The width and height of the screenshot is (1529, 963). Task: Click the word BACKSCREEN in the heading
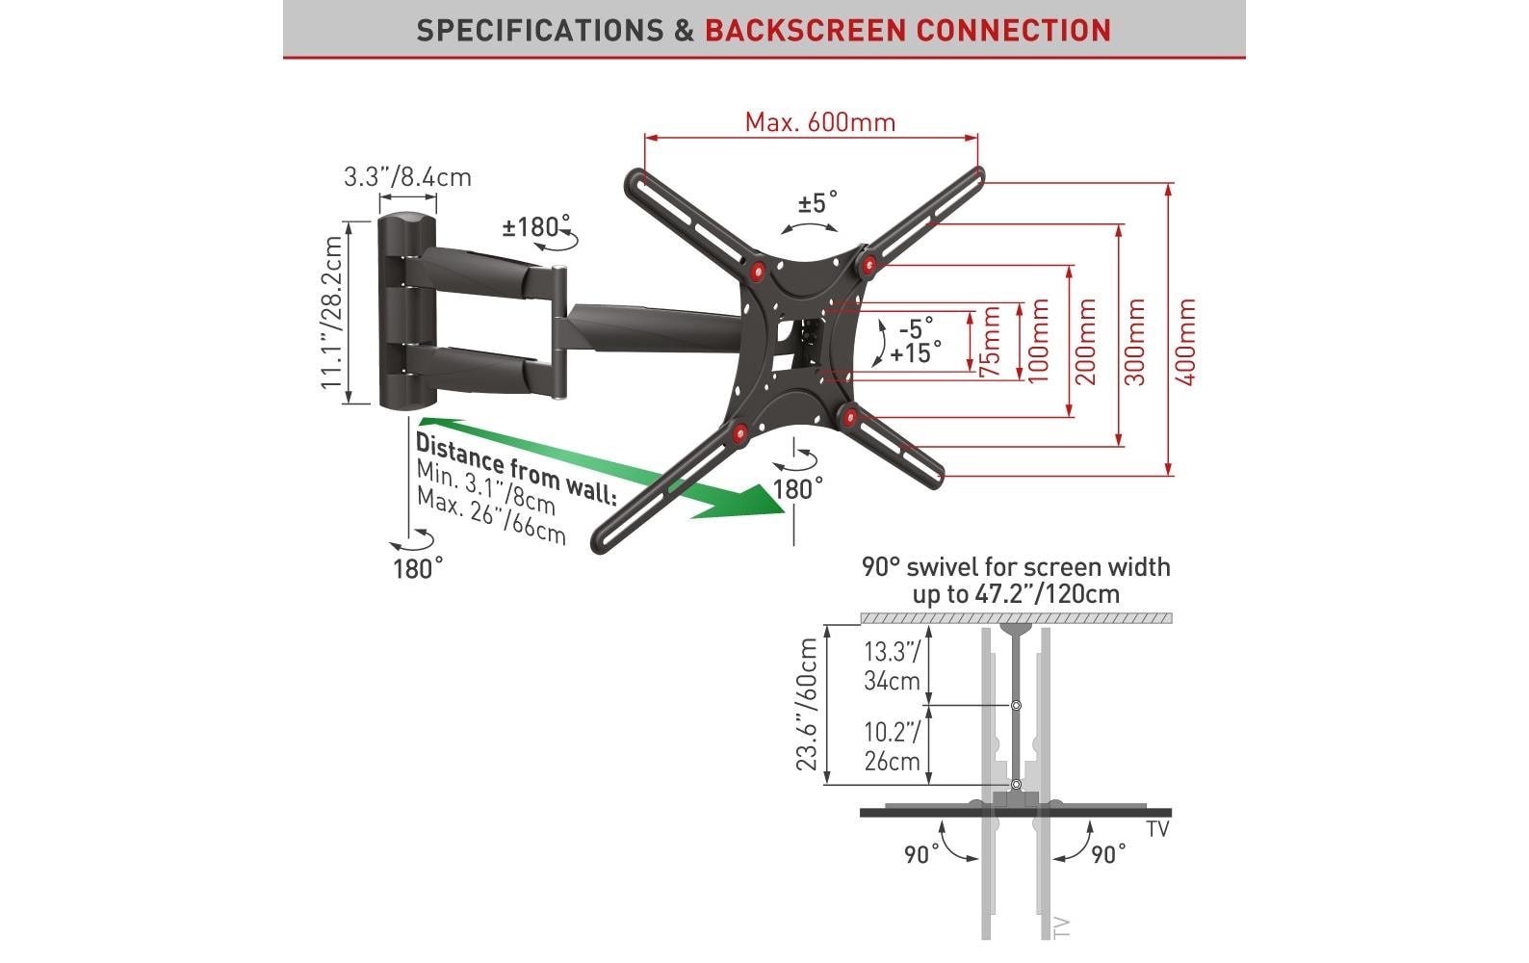[806, 31]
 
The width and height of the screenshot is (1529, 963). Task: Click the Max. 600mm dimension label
[819, 123]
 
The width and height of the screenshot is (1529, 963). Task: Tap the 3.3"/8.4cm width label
[407, 177]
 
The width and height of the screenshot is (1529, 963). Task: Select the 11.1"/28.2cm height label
[332, 313]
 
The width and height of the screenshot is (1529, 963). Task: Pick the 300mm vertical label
[1135, 342]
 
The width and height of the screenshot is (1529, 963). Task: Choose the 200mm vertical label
[1085, 342]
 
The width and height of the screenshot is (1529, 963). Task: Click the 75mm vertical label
[990, 342]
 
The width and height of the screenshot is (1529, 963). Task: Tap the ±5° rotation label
[817, 202]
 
